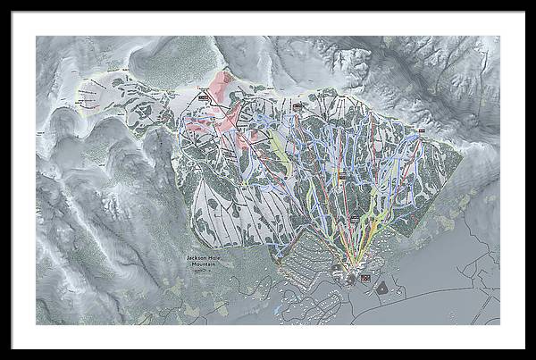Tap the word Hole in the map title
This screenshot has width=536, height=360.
tap(213, 258)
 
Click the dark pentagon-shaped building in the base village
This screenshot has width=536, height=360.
tap(381, 288)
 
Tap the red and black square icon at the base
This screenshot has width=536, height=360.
tap(364, 279)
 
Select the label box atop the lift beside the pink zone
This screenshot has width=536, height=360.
tap(204, 92)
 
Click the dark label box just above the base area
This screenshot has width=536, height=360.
tap(354, 218)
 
